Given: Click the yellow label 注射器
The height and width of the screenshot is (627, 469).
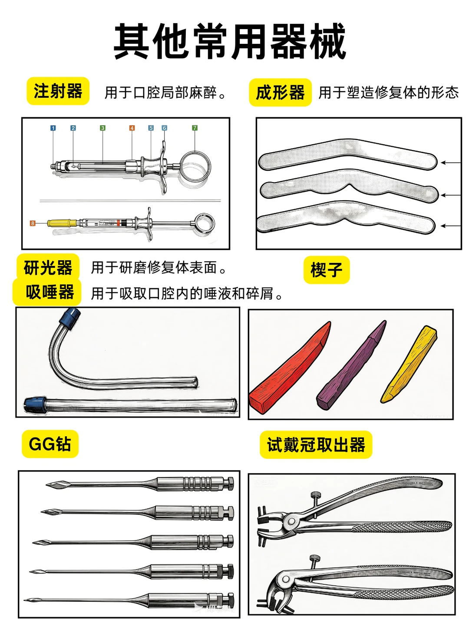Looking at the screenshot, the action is click(x=58, y=91).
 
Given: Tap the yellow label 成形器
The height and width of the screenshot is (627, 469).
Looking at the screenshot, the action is click(x=280, y=92).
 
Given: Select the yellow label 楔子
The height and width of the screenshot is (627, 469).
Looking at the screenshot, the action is click(x=326, y=270).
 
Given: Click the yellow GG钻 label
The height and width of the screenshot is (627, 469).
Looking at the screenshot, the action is click(x=50, y=444).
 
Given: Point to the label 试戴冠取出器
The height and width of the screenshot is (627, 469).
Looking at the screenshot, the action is click(x=316, y=445).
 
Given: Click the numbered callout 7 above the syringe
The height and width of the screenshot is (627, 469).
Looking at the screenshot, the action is click(x=195, y=128).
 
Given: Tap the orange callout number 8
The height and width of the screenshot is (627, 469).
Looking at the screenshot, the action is click(x=33, y=223).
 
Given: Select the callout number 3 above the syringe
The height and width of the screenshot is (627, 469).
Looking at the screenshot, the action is click(x=102, y=128).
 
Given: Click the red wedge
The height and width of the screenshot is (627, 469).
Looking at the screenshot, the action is click(x=289, y=369).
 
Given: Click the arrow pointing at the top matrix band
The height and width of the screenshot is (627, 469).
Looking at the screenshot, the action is click(x=450, y=163).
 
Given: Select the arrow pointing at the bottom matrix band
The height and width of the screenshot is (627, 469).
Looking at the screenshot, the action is click(x=450, y=226).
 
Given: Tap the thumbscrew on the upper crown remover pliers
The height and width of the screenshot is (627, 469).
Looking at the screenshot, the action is click(x=315, y=495).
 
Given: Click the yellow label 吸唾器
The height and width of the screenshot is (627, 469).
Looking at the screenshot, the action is click(x=49, y=292).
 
